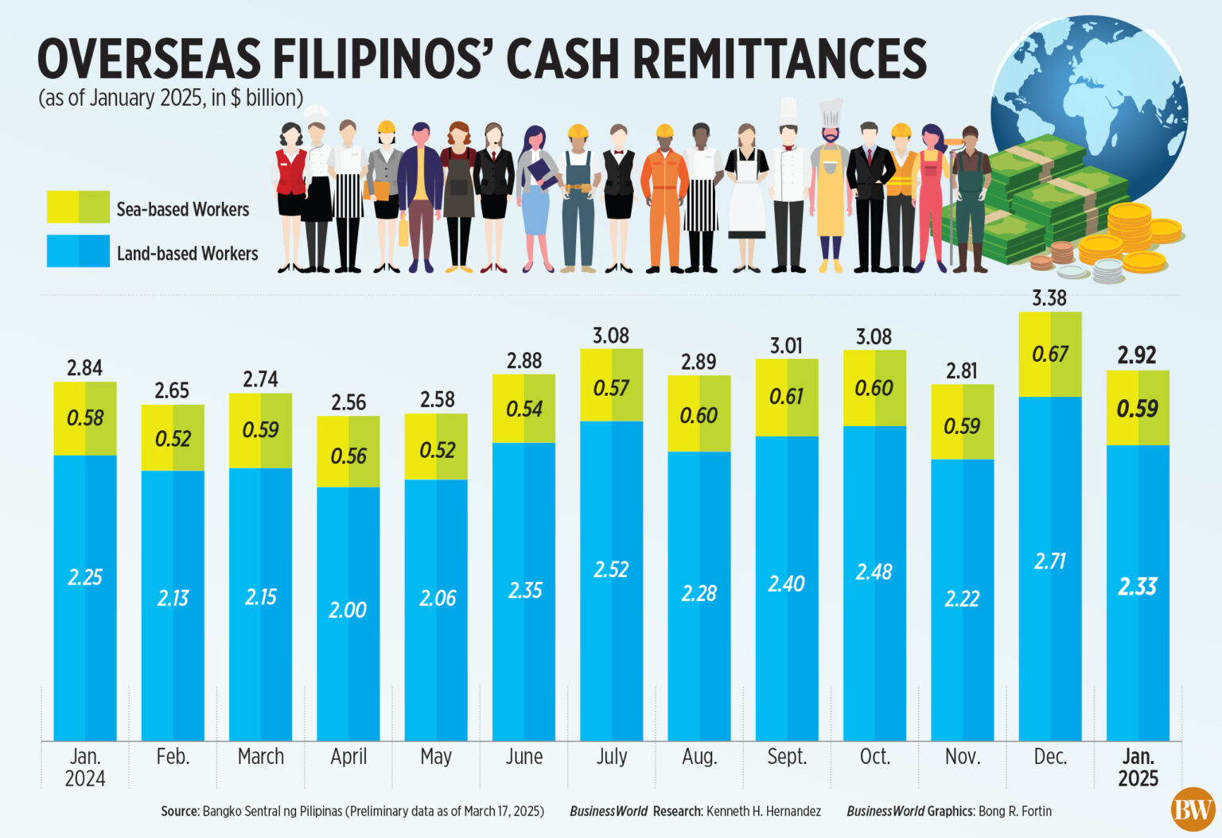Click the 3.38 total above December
(1049, 298)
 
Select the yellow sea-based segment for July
(611, 386)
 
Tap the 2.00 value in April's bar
(348, 610)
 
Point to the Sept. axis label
(786, 757)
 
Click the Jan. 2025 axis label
(1138, 767)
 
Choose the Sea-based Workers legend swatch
(78, 207)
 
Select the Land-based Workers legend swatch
(78, 251)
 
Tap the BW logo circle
(1193, 809)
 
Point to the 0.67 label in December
(1049, 355)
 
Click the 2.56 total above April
(348, 402)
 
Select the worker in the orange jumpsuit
(664, 199)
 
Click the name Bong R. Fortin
(1014, 812)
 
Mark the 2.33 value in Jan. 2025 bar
(1137, 587)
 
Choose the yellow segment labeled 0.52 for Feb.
(173, 438)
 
